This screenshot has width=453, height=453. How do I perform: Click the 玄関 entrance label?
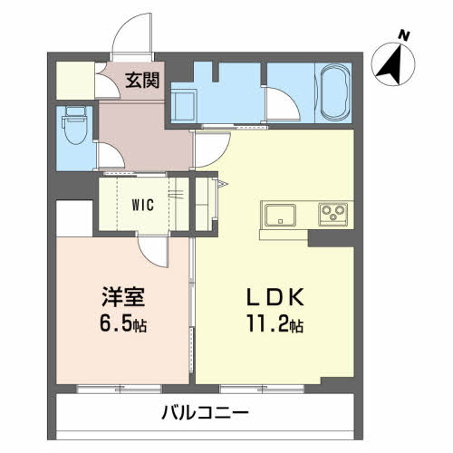[142, 80]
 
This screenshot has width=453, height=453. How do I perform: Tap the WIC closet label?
[143, 206]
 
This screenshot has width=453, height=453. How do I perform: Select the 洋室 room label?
[123, 296]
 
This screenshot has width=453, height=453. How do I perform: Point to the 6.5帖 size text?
[123, 324]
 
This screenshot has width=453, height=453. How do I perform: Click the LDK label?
[275, 297]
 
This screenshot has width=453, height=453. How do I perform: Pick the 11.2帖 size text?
[275, 323]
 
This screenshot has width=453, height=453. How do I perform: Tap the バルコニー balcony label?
[205, 412]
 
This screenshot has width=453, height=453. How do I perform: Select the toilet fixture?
[74, 125]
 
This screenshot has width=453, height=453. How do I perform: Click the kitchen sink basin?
[280, 215]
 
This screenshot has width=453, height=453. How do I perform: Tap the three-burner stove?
[333, 215]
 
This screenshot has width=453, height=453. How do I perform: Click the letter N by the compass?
[403, 36]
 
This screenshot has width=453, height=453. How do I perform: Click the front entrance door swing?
[133, 34]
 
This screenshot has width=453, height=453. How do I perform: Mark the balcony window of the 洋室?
[120, 389]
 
